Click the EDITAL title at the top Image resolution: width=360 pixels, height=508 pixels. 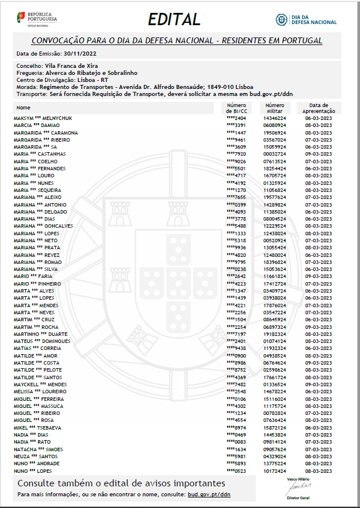[174, 19]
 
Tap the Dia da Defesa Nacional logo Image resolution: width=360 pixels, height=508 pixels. [306, 20]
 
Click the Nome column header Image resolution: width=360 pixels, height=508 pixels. [23, 108]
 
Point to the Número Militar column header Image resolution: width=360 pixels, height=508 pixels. [274, 108]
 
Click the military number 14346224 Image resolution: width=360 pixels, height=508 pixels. [274, 118]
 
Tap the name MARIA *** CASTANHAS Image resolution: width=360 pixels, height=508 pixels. [39, 154]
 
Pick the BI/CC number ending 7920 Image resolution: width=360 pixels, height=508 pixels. [236, 154]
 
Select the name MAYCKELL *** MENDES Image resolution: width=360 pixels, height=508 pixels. [40, 385]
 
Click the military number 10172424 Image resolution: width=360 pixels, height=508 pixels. [274, 471]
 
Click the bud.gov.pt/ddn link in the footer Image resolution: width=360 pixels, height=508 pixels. [209, 495]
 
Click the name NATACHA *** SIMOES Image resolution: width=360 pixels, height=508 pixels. [38, 449]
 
